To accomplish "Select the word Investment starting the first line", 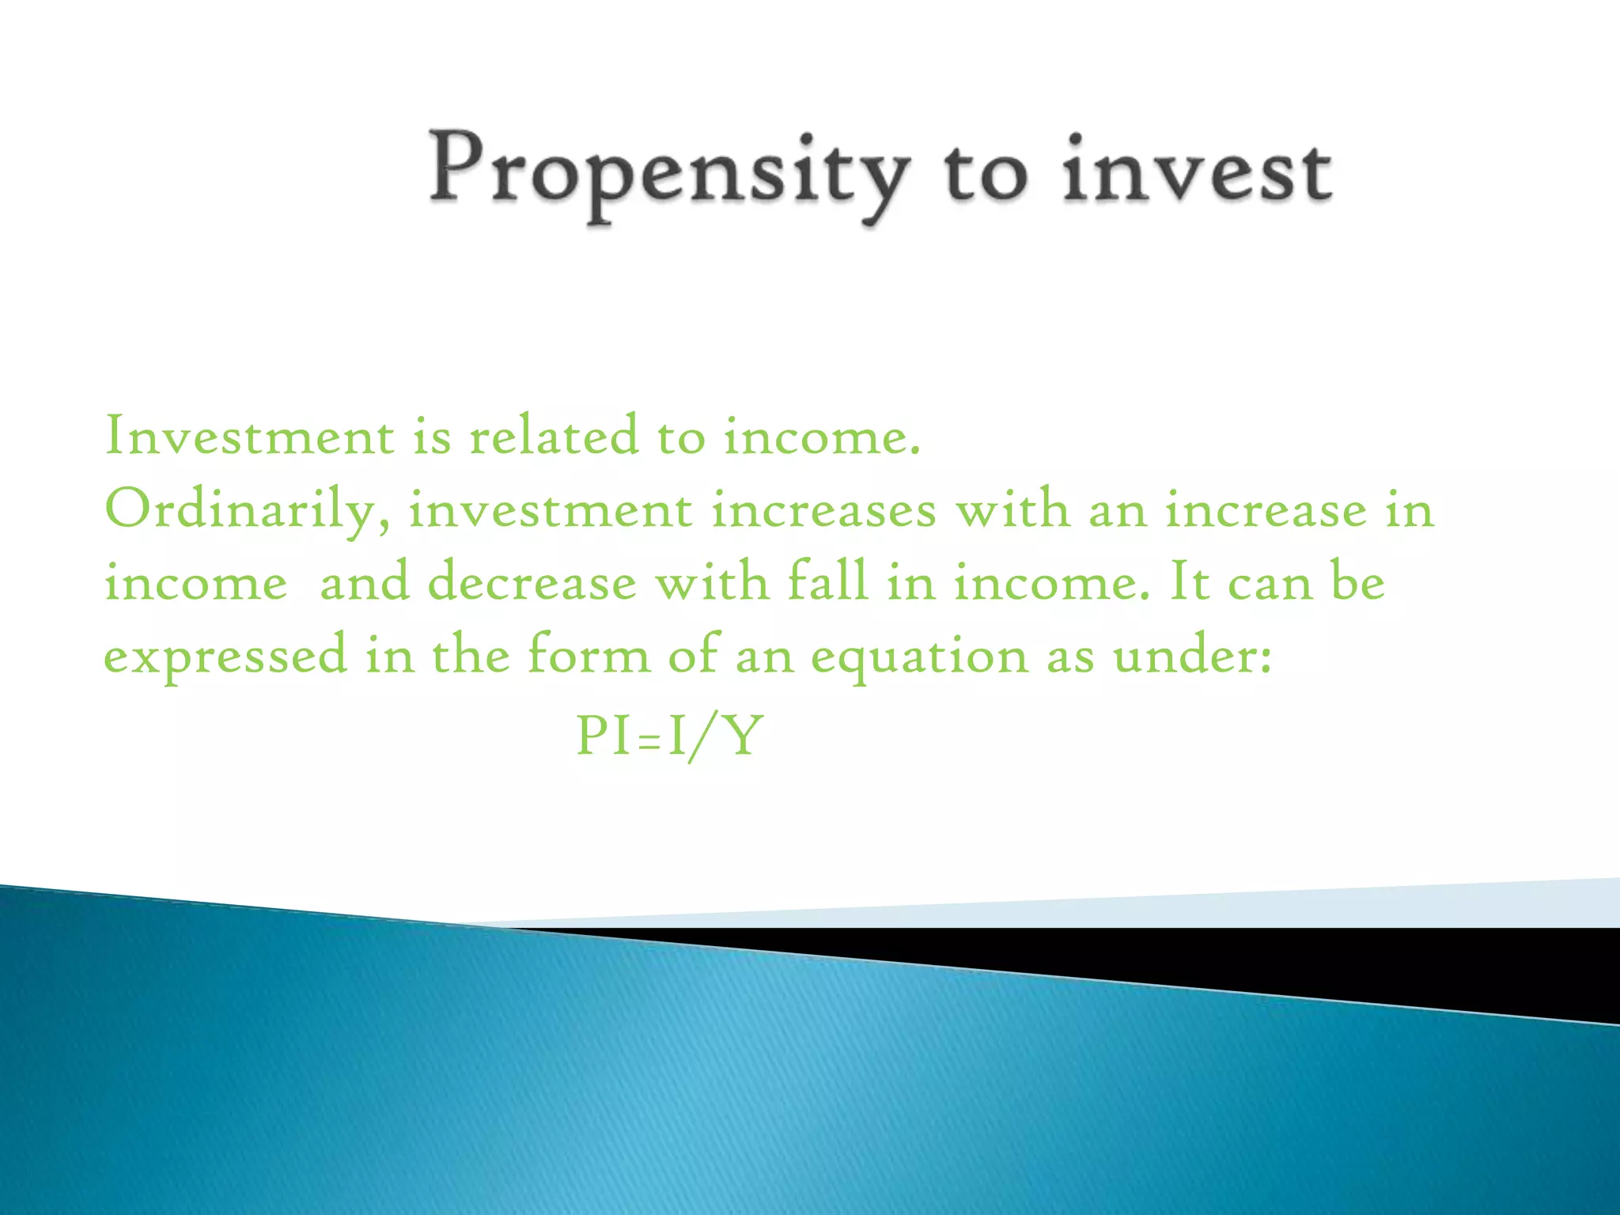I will click(249, 436).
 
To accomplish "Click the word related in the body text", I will click(554, 436).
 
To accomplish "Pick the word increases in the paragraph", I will click(823, 510).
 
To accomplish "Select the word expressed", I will click(225, 657).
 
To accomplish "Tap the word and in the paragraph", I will click(365, 583).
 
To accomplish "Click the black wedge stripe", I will click(1345, 961).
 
